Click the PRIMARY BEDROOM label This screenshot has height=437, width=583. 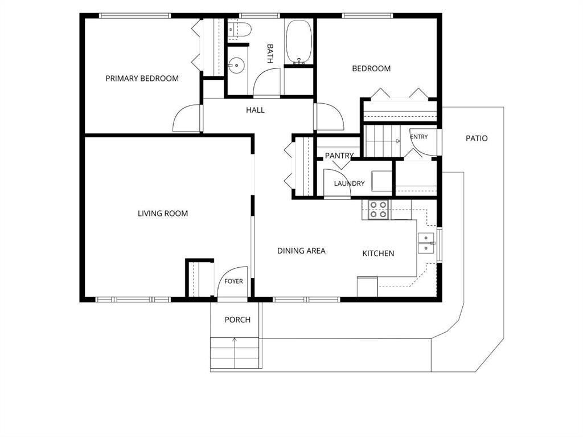142,79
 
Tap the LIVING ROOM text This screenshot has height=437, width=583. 163,214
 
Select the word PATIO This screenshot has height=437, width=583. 477,138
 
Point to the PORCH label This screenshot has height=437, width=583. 237,320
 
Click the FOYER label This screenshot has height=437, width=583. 233,281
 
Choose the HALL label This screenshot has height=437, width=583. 256,110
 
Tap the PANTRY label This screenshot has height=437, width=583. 339,156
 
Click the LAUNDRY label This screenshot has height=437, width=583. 350,183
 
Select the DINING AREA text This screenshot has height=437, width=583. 301,251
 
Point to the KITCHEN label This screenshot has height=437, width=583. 378,254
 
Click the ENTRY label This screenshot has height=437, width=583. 419,137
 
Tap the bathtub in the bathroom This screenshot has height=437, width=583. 298,42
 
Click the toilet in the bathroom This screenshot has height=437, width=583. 240,30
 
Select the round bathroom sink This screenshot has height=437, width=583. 236,66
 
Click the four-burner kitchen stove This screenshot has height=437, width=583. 378,210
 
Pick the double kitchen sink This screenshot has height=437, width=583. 426,243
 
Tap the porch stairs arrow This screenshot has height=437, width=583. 235,352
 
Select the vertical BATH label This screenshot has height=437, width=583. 270,54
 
